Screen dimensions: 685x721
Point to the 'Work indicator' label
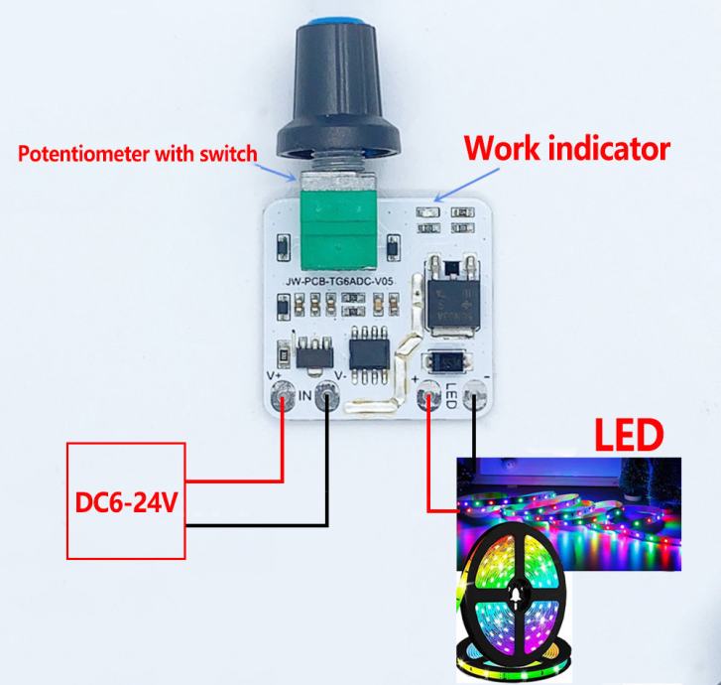[568, 150]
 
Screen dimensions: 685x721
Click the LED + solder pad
[429, 396]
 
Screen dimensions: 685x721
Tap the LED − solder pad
[477, 397]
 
